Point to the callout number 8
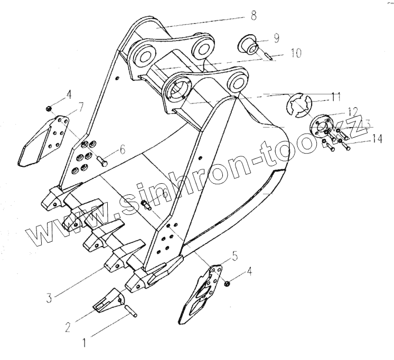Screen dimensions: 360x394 point(254,16)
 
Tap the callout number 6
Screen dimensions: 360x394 point(123,150)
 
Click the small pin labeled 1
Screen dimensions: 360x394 point(130,308)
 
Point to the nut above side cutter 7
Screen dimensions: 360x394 point(49,108)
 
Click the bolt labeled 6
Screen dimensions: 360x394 point(101,162)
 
